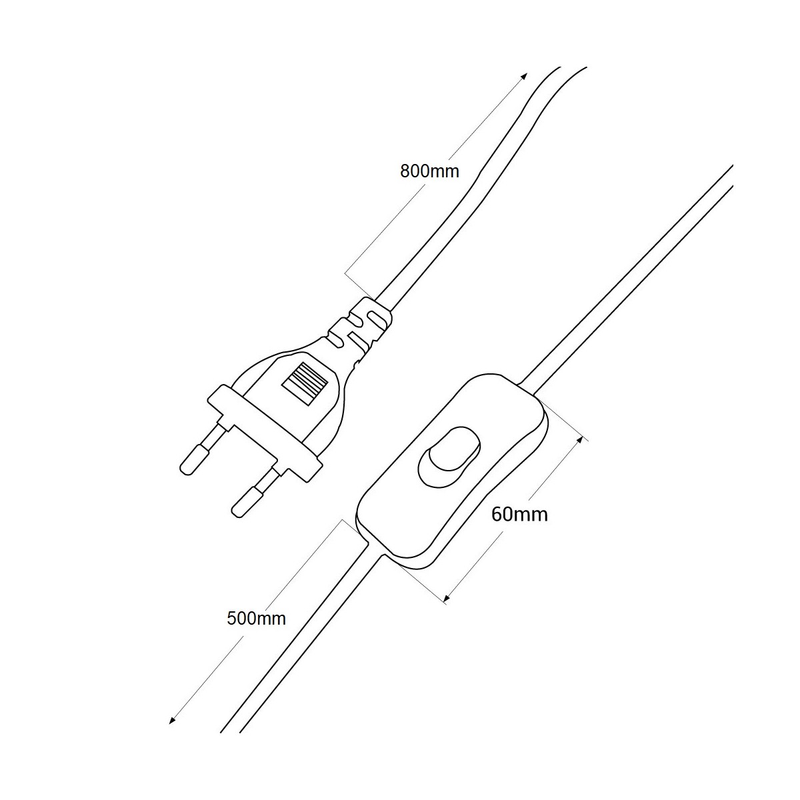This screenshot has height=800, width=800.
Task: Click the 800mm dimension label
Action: (x=429, y=171)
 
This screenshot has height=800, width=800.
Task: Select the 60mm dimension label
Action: (x=519, y=515)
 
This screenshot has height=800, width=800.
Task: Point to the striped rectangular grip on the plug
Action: (x=303, y=383)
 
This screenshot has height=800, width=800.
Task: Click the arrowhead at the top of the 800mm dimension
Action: (x=525, y=77)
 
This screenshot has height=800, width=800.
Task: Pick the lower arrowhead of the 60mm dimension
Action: (x=447, y=598)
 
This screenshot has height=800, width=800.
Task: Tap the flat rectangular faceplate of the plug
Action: (x=265, y=433)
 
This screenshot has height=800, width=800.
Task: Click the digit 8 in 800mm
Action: (x=405, y=171)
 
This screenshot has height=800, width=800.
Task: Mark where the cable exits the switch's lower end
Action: (x=375, y=549)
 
